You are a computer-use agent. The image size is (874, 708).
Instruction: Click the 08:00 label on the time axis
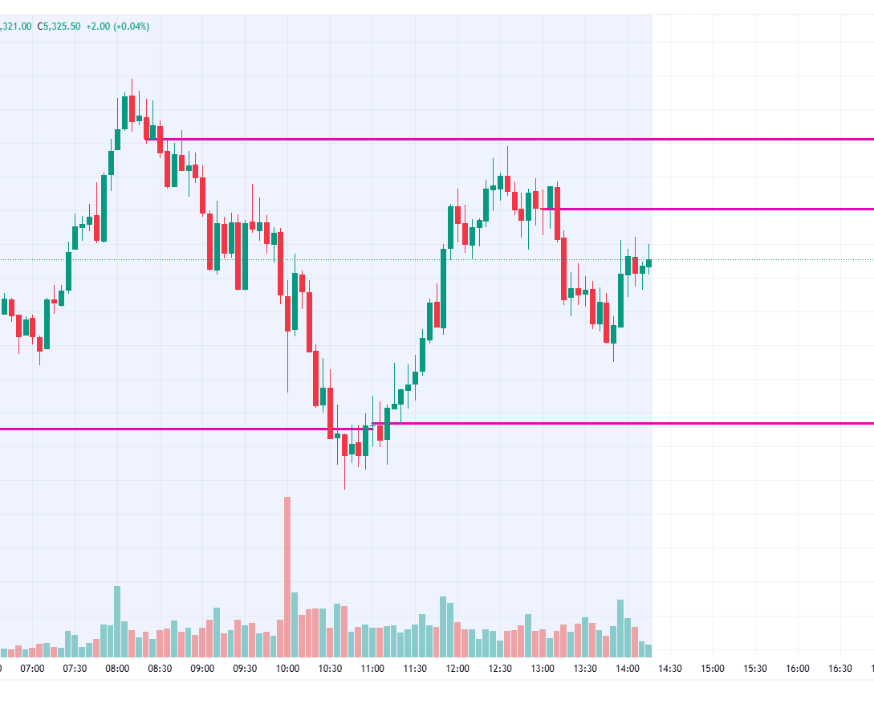(117, 668)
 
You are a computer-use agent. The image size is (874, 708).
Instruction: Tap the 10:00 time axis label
(287, 668)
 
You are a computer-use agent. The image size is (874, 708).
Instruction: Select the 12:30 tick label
(500, 668)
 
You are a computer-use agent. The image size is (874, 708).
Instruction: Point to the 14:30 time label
(670, 668)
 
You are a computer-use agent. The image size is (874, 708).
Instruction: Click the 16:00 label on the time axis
(798, 668)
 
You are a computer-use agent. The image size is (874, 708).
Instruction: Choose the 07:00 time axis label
(32, 668)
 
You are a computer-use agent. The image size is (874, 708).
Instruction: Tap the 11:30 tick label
(415, 668)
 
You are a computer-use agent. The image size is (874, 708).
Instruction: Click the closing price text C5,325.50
(59, 26)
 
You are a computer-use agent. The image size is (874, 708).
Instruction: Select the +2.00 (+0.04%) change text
(116, 26)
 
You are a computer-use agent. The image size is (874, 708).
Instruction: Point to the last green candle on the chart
(648, 262)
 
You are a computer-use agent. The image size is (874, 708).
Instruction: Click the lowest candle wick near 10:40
(344, 478)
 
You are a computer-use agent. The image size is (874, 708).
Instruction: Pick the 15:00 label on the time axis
(713, 668)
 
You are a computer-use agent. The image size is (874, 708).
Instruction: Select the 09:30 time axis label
(245, 668)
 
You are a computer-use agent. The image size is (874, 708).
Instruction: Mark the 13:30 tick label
(585, 668)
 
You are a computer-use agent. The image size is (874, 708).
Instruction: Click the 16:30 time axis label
(840, 668)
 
